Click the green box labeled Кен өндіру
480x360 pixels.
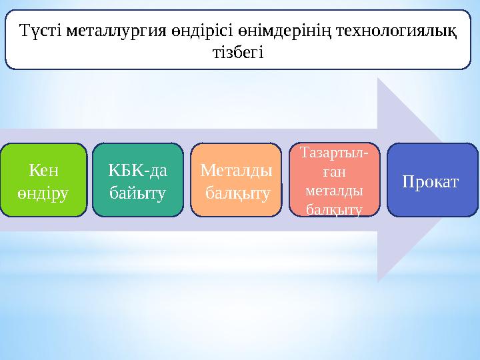pyautogui.click(x=43, y=180)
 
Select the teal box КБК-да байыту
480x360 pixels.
pyautogui.click(x=137, y=180)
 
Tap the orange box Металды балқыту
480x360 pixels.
pyautogui.click(x=236, y=180)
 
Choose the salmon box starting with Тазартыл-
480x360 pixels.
pyautogui.click(x=334, y=180)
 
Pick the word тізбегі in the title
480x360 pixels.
pyautogui.click(x=237, y=52)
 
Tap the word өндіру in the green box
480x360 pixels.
pyautogui.click(x=43, y=193)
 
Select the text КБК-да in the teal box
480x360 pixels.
pyautogui.click(x=137, y=171)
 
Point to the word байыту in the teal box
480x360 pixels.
pyautogui.click(x=137, y=193)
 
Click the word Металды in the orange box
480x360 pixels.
pyautogui.click(x=236, y=171)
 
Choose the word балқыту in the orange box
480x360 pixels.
pyautogui.click(x=237, y=193)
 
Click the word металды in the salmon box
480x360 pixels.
pyautogui.click(x=333, y=191)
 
